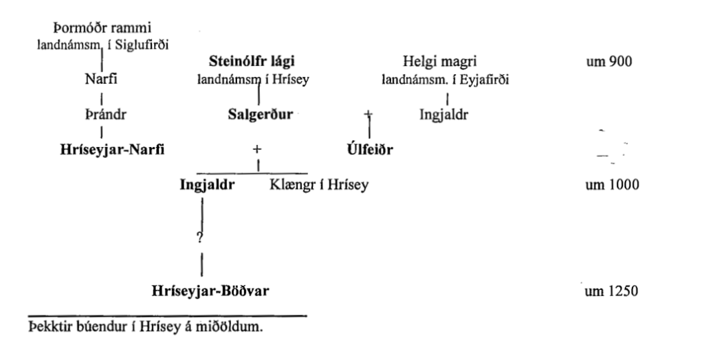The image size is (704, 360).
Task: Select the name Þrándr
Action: [101, 114]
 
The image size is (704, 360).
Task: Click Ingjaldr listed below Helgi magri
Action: [444, 114]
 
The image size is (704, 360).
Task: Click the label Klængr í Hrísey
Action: [318, 185]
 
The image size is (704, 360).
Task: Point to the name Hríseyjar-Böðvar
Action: [210, 291]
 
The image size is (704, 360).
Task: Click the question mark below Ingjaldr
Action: [199, 238]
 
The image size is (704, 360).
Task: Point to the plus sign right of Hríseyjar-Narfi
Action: [257, 150]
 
